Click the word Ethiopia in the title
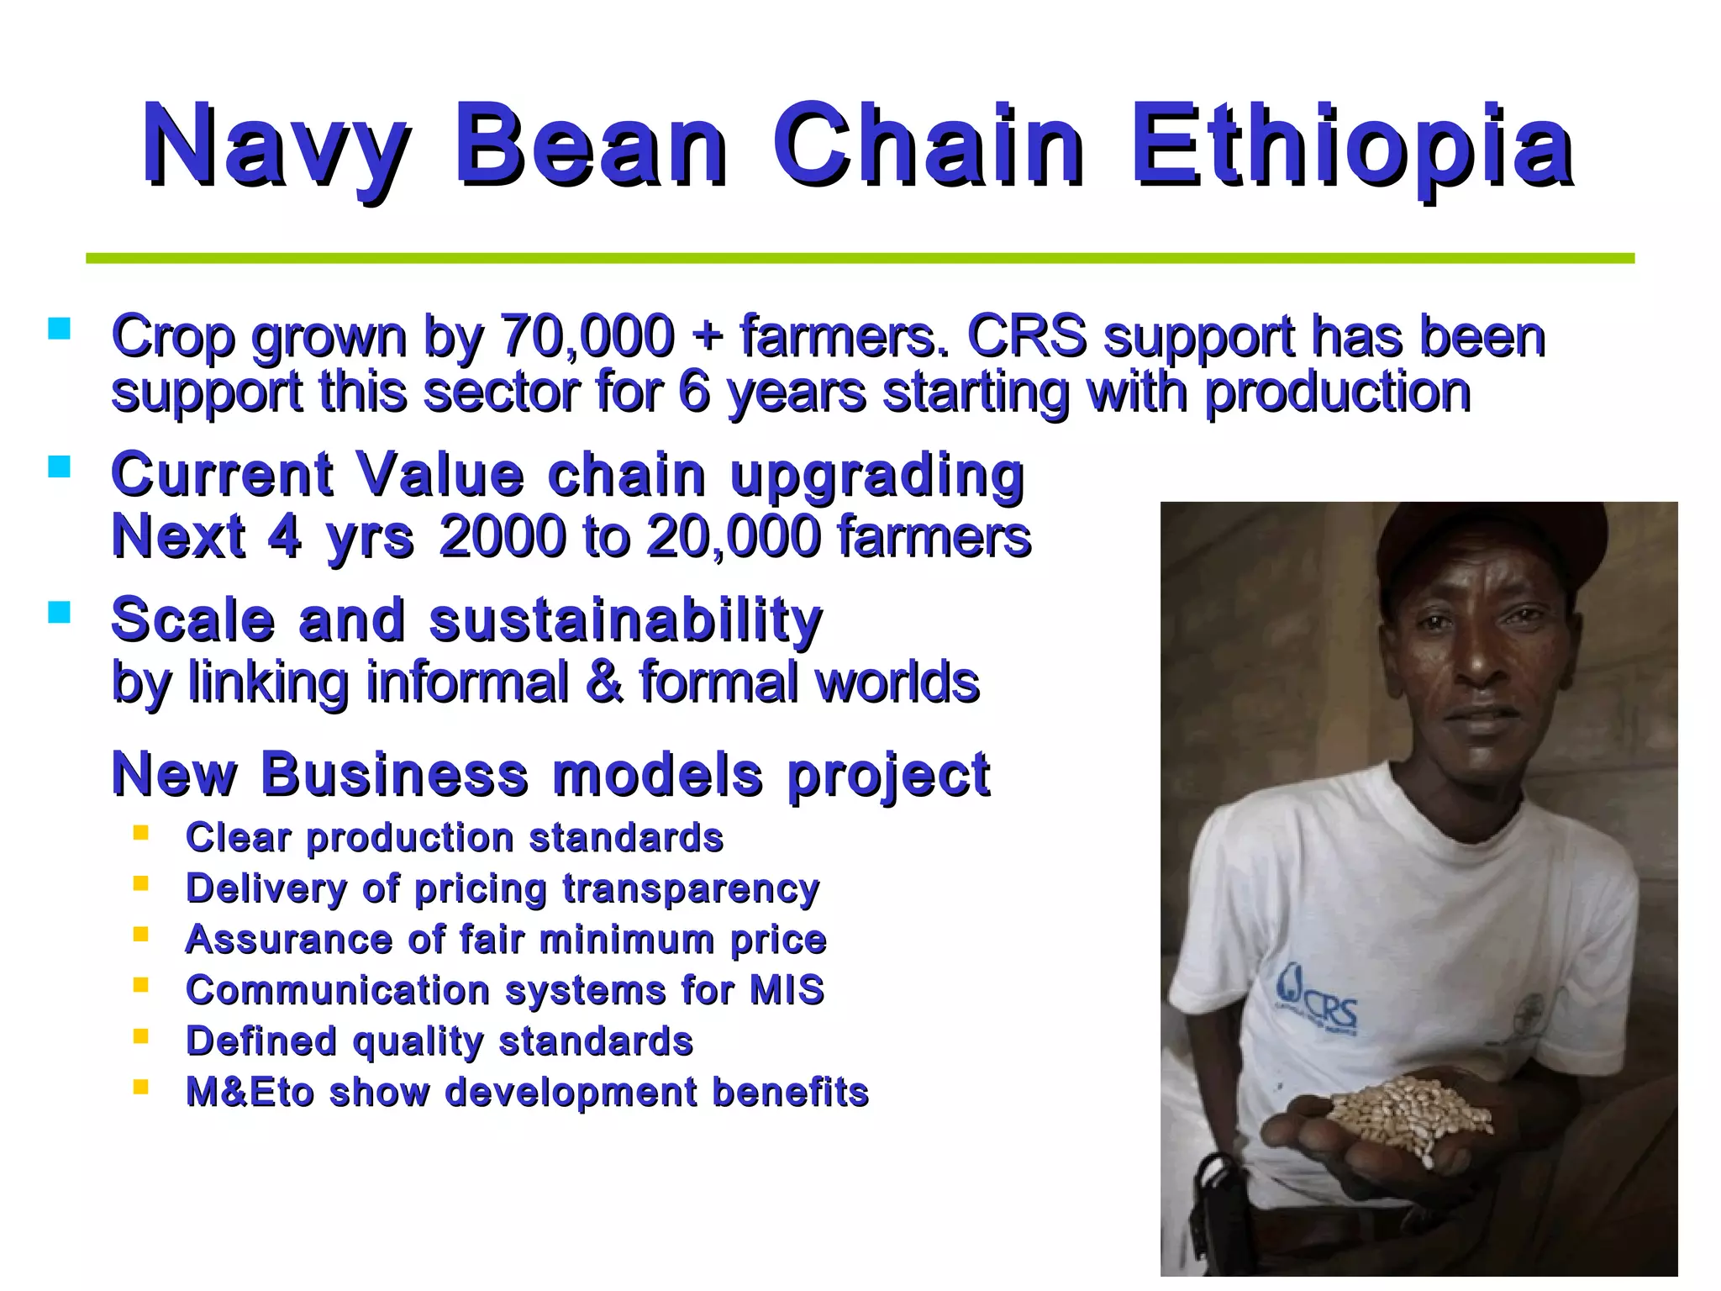pyautogui.click(x=1351, y=145)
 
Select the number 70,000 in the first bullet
pyautogui.click(x=587, y=336)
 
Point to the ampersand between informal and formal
pyautogui.click(x=604, y=681)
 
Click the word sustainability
pyautogui.click(x=626, y=620)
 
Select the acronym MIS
pyautogui.click(x=787, y=990)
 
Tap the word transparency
pyautogui.click(x=691, y=889)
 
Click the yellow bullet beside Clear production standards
pyautogui.click(x=140, y=833)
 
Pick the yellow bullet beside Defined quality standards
pyautogui.click(x=140, y=1036)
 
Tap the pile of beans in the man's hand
pyautogui.click(x=1412, y=1111)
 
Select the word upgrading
pyautogui.click(x=877, y=476)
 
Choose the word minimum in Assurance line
pyautogui.click(x=625, y=940)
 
